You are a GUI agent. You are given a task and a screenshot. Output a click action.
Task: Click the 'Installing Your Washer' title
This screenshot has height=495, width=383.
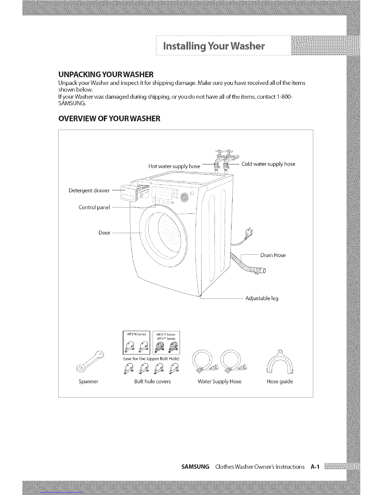click(214, 46)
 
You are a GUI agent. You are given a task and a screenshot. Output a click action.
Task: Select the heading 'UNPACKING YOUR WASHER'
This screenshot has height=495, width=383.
click(106, 74)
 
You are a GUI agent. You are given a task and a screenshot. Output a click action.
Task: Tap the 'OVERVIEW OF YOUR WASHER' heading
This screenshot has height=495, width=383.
click(109, 118)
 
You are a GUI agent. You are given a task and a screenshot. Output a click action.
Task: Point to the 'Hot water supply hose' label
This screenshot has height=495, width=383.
click(174, 167)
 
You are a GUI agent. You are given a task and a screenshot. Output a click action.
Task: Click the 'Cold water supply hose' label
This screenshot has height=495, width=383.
click(268, 164)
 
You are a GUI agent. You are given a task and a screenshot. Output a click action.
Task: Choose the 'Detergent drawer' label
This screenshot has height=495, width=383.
click(89, 190)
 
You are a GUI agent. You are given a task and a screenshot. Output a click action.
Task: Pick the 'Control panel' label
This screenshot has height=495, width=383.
click(94, 207)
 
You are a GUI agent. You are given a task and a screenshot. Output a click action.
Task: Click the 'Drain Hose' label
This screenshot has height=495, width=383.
click(273, 255)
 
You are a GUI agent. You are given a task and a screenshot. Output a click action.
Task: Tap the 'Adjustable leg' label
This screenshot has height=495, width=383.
click(262, 298)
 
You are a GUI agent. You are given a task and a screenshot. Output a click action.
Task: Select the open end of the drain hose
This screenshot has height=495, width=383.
click(264, 271)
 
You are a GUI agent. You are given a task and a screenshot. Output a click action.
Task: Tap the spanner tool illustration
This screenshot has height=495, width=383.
click(90, 362)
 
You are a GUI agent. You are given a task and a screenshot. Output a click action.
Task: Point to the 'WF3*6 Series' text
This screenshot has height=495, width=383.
click(136, 334)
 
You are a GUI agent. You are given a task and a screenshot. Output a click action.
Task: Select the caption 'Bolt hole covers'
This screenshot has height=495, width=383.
click(152, 382)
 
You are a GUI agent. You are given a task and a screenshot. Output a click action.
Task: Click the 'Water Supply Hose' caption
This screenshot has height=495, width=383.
click(219, 382)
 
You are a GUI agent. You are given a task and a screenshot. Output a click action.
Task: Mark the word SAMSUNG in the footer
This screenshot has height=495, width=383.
click(195, 467)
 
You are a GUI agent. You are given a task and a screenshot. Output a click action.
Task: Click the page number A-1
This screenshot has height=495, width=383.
click(315, 467)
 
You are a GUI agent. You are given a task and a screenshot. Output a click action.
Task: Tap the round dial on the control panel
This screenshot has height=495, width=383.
click(185, 197)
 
